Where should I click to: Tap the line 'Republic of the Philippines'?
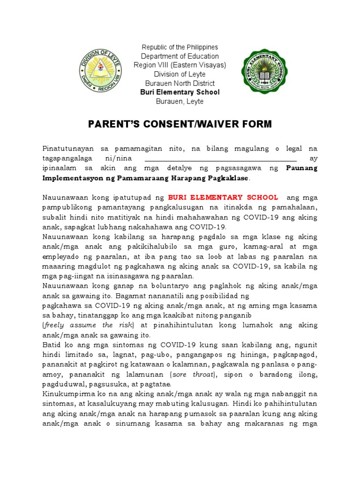180,47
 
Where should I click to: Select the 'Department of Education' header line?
180,56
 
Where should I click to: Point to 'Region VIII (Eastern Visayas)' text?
180,65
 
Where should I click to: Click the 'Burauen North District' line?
180,83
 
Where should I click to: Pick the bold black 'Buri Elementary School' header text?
180,92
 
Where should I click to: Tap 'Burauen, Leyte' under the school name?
180,101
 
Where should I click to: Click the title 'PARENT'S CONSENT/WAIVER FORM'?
180,124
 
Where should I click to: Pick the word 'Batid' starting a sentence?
52,345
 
